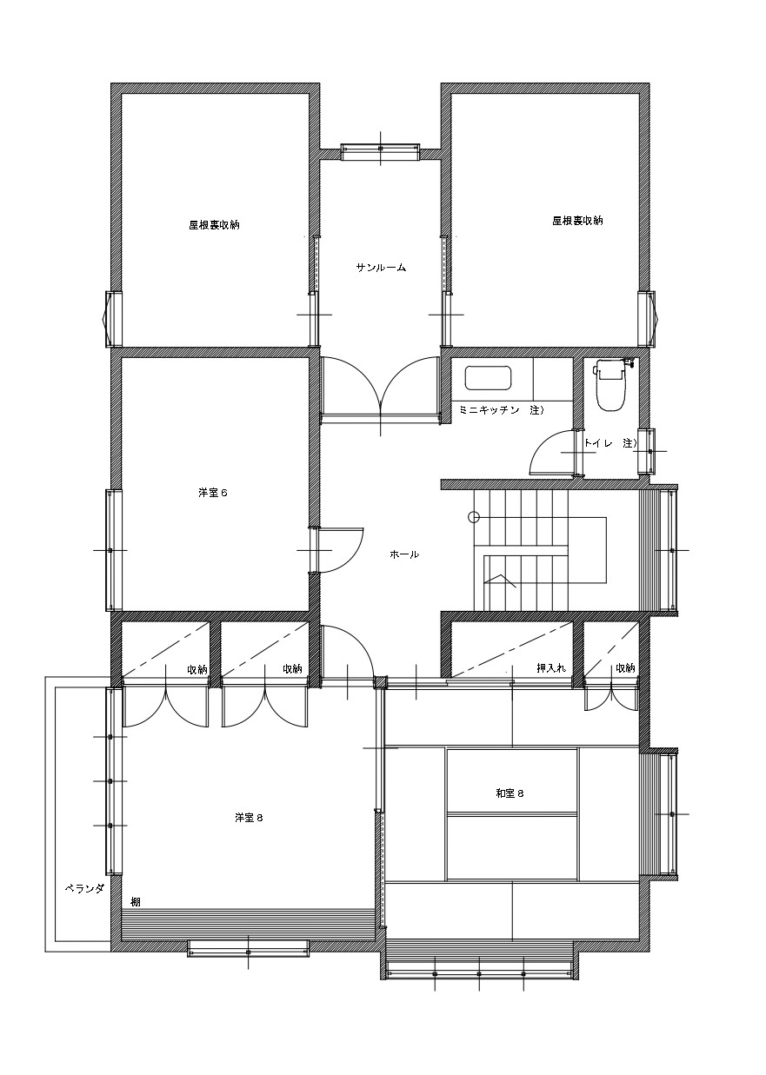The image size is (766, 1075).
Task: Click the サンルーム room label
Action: tap(381, 268)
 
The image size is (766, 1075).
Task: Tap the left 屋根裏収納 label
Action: tap(214, 224)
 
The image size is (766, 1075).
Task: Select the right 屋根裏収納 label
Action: tap(577, 220)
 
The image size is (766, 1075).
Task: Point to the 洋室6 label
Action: tap(213, 493)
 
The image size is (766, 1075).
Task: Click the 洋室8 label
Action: tap(249, 818)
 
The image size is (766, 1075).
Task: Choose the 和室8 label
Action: tap(510, 793)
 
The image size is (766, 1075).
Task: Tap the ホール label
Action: tap(404, 554)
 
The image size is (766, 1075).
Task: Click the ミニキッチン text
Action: tap(490, 410)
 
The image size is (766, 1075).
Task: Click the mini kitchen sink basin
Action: tap(489, 378)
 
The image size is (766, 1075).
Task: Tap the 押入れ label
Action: tap(551, 667)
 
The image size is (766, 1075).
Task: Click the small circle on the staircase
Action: tap(474, 517)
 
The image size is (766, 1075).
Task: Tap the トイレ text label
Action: tap(598, 443)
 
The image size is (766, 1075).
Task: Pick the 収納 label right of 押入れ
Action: tap(625, 667)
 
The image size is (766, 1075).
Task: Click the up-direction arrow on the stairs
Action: tap(499, 581)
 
